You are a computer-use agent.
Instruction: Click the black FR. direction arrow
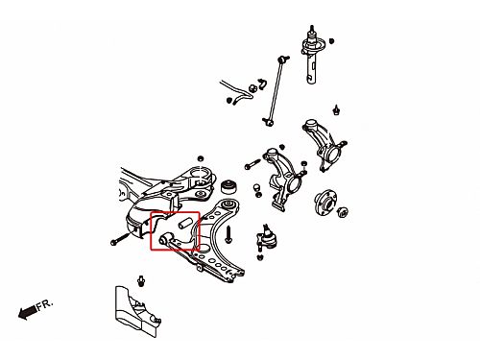(27, 312)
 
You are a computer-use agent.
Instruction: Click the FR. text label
(44, 305)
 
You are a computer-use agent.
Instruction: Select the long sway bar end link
(276, 91)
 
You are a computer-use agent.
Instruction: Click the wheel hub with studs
(325, 204)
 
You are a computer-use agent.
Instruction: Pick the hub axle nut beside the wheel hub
(343, 211)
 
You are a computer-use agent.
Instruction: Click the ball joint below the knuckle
(266, 238)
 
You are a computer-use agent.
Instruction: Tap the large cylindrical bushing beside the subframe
(228, 186)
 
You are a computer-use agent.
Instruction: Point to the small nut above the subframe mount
(201, 158)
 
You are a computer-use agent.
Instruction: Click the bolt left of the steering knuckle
(252, 164)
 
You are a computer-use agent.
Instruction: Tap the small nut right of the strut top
(331, 41)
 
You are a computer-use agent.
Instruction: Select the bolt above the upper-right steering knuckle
(336, 109)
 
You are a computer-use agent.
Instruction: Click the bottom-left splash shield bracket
(137, 311)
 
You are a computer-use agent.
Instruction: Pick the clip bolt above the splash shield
(141, 281)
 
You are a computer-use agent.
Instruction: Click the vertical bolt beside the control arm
(228, 234)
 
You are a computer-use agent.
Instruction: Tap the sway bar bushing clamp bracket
(262, 84)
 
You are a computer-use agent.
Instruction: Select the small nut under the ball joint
(260, 256)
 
